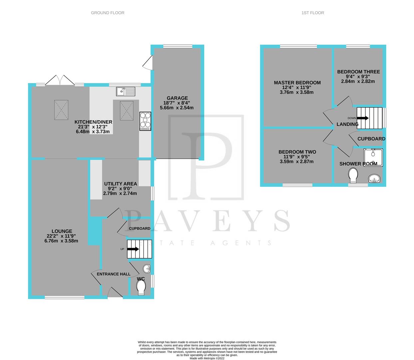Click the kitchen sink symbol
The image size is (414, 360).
[126, 91]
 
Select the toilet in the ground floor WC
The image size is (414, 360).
[141, 287]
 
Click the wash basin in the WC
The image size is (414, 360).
[146, 268]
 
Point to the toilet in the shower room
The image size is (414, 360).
[353, 174]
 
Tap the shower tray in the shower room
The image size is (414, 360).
[373, 157]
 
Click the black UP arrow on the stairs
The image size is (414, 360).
[134, 249]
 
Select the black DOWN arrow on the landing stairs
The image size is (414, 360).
[363, 118]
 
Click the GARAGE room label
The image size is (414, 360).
[177, 98]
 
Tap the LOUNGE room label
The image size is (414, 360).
[62, 231]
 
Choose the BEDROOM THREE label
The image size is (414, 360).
[358, 72]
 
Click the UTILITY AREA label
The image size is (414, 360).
[120, 184]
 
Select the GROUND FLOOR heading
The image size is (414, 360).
[108, 13]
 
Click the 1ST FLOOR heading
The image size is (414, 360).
[312, 13]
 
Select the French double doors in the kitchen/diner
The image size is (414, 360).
[60, 81]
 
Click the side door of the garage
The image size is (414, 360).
[147, 62]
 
